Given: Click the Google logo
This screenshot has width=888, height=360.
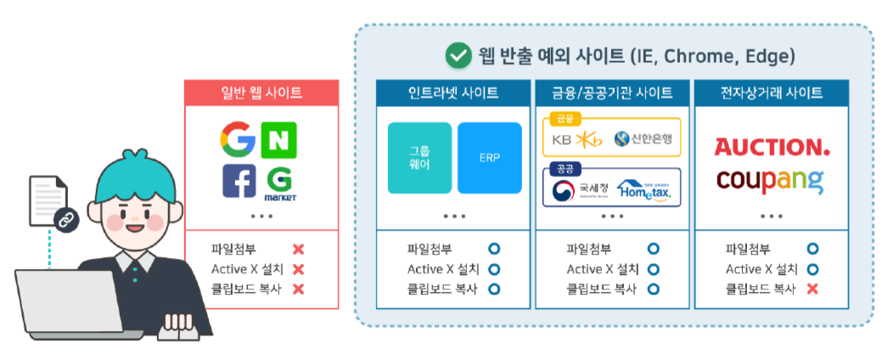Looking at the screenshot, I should pyautogui.click(x=238, y=139).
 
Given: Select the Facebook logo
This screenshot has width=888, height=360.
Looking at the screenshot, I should pyautogui.click(x=239, y=181).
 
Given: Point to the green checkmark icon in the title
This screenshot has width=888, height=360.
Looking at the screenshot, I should pyautogui.click(x=458, y=56).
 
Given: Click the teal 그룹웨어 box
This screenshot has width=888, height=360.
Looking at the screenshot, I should pyautogui.click(x=419, y=158).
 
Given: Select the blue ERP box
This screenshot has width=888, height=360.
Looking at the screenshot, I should pyautogui.click(x=489, y=158).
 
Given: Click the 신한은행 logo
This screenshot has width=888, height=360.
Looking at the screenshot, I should pyautogui.click(x=643, y=138).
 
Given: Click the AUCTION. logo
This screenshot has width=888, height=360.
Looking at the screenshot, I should pyautogui.click(x=772, y=148).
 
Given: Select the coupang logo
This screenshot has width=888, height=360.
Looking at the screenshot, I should pyautogui.click(x=769, y=180).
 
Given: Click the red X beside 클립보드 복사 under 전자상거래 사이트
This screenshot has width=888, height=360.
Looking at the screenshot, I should pyautogui.click(x=812, y=289).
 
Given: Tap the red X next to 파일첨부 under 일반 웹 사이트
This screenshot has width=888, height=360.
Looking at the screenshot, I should pyautogui.click(x=298, y=250).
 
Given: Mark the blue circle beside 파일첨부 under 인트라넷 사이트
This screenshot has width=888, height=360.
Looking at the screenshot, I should pyautogui.click(x=494, y=249).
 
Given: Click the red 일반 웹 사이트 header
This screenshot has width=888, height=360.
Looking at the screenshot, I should pyautogui.click(x=261, y=93).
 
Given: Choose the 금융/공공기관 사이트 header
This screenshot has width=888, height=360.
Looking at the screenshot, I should pyautogui.click(x=612, y=93).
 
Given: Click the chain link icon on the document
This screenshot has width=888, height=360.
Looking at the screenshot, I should pyautogui.click(x=65, y=221).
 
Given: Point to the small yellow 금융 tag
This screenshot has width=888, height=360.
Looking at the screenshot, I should pyautogui.click(x=564, y=119).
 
